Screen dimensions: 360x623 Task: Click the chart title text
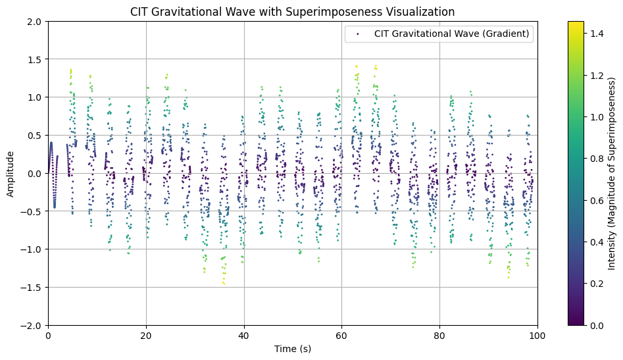pos(292,12)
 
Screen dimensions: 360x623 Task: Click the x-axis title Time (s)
pos(292,349)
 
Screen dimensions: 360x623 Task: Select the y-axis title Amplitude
pos(11,174)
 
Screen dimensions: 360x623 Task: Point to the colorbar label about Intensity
pos(611,174)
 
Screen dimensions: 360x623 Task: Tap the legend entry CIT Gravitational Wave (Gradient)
pos(452,34)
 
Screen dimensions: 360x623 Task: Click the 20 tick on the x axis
pos(146,335)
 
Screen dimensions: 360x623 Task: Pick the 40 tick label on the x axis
pos(244,335)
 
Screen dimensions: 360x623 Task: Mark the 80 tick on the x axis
pos(439,335)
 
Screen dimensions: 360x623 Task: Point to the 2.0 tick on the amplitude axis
pos(35,22)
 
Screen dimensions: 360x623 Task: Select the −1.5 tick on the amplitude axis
pos(32,288)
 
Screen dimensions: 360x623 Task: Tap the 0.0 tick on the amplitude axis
pos(35,174)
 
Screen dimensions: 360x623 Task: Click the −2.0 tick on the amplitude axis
pos(32,325)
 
